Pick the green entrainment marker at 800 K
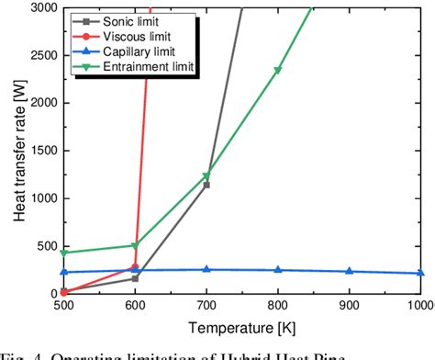[278, 71]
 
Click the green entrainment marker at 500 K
[64, 253]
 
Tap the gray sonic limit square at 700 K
[206, 185]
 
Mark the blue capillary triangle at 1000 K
[420, 273]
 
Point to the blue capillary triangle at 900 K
[349, 271]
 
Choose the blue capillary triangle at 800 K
[278, 270]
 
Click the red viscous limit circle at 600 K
[135, 267]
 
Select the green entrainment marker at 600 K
[135, 246]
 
